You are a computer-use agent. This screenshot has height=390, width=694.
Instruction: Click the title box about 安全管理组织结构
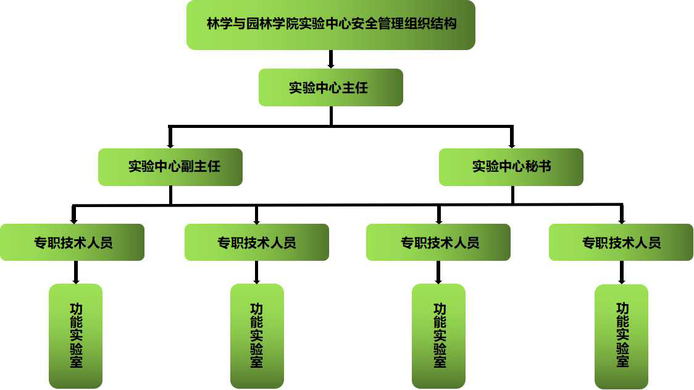click(x=330, y=25)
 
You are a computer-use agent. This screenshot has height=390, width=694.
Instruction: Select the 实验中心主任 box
click(x=330, y=87)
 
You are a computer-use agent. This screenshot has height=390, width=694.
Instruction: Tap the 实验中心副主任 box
click(x=170, y=167)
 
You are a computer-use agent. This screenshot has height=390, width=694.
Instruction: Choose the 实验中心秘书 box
click(x=511, y=167)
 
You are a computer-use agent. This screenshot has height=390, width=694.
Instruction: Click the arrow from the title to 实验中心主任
click(x=331, y=59)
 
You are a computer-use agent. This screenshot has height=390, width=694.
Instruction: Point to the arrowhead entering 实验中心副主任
click(x=170, y=144)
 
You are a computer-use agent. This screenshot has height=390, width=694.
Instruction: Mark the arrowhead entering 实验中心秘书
click(x=512, y=144)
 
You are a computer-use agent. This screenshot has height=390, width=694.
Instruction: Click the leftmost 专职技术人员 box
click(x=72, y=242)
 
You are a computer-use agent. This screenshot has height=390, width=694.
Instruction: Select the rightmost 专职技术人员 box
click(x=621, y=242)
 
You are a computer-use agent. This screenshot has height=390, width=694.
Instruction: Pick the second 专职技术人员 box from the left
click(x=256, y=242)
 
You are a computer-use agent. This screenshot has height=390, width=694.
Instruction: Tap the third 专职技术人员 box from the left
click(x=438, y=242)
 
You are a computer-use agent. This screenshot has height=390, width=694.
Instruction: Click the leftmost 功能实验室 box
click(x=75, y=336)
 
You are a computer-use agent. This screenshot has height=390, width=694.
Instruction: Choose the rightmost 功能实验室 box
click(x=621, y=336)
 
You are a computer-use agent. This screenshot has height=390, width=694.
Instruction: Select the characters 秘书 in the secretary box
click(x=538, y=167)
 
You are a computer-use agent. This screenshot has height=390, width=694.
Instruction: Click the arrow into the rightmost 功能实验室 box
click(x=621, y=273)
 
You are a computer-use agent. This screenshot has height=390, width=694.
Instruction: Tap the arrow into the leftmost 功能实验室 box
click(x=75, y=273)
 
